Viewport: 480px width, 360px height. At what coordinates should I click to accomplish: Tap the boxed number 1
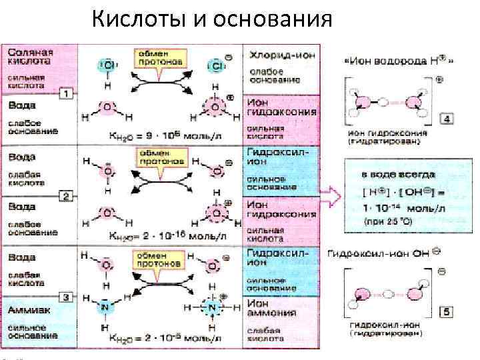pos(65,93)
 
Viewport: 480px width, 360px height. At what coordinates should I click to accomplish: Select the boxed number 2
pos(65,195)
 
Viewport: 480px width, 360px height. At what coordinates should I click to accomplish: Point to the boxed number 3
pos(65,297)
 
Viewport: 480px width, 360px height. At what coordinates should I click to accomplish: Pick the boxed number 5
pos(447,311)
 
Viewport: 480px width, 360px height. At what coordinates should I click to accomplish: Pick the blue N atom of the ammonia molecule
pos(105,309)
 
